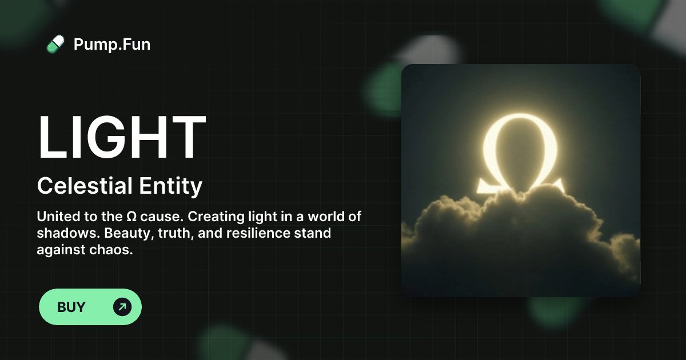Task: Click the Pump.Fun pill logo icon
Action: click(x=55, y=44)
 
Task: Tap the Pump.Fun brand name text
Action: click(x=112, y=44)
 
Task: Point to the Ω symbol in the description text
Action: click(x=131, y=217)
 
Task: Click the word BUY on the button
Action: click(x=71, y=307)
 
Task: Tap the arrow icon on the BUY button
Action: click(x=122, y=307)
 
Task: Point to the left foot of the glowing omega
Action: click(x=486, y=185)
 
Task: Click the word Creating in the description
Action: click(x=202, y=217)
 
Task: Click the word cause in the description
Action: click(x=161, y=217)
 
